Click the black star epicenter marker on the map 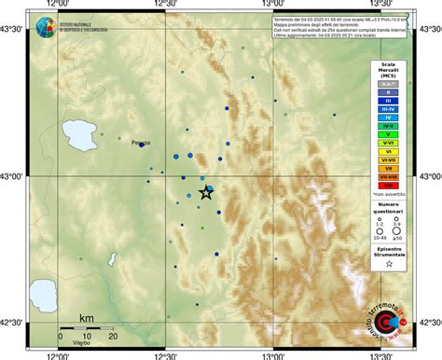coord(206,192)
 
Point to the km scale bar coord(87,327)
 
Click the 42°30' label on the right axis coord(430,323)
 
